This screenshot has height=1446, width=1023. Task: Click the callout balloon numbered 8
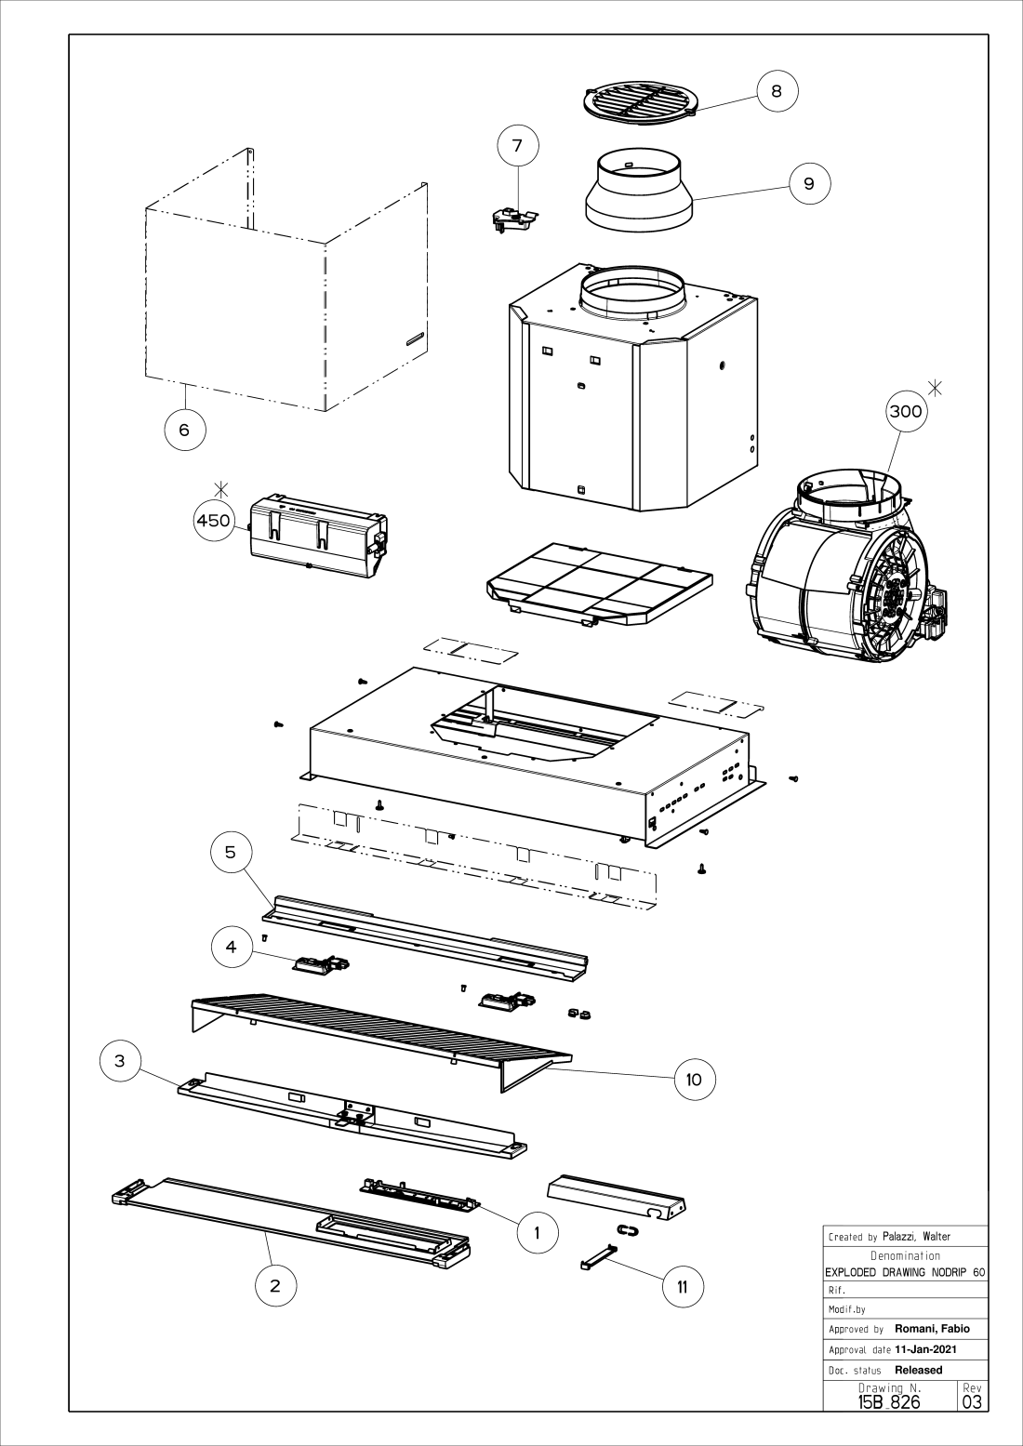777,90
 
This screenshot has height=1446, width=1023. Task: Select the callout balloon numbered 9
809,183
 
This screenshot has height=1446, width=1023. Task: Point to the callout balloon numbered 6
184,430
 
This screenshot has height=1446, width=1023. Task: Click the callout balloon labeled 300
906,412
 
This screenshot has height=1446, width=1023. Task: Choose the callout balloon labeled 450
213,521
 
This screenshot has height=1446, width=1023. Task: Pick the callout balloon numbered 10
694,1080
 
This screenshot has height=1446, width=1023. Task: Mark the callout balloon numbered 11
683,1287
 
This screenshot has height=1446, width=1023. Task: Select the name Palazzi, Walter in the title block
916,1237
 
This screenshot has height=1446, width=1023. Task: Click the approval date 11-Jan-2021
925,1349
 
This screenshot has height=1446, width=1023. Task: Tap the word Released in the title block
918,1370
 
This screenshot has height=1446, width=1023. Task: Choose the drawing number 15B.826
889,1401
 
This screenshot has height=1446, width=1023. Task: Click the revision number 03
973,1401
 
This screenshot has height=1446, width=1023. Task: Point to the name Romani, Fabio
932,1329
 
